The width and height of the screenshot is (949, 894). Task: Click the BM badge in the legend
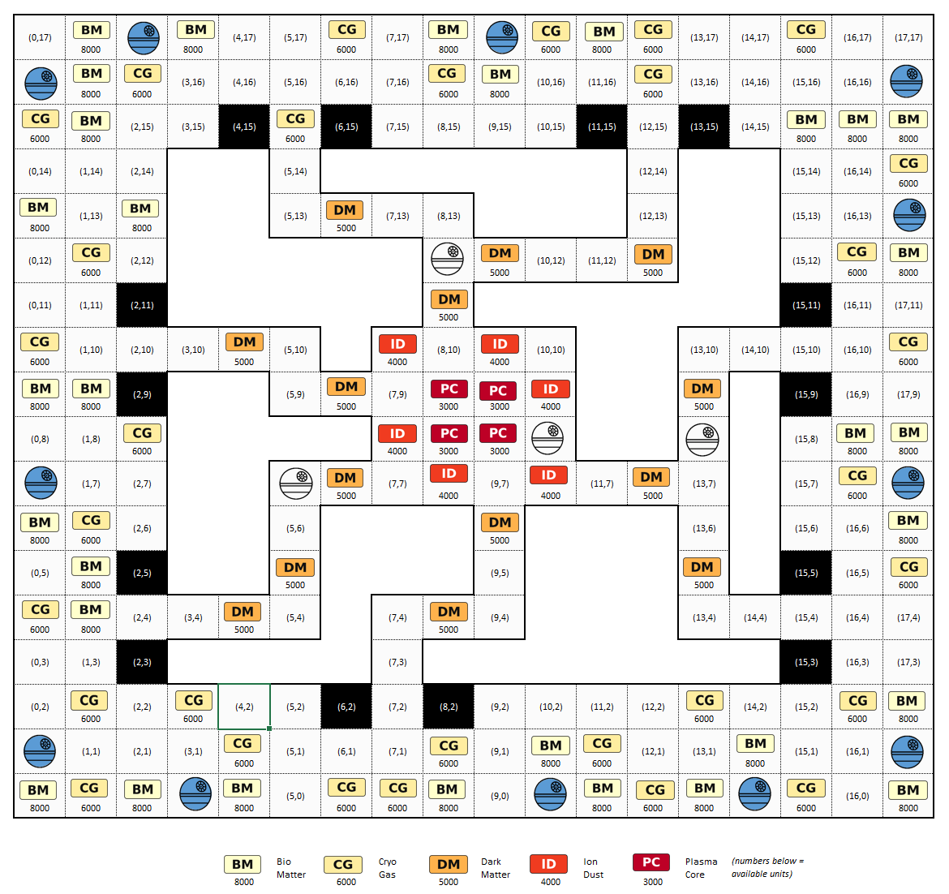pyautogui.click(x=243, y=864)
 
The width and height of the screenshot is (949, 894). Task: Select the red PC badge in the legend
pyautogui.click(x=651, y=862)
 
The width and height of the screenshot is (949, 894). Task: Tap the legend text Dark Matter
pyautogui.click(x=495, y=868)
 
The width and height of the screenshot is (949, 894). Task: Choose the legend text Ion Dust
pyautogui.click(x=593, y=868)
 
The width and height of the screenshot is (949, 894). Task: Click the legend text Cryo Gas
pyautogui.click(x=388, y=868)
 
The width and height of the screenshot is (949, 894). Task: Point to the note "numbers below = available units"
pyautogui.click(x=767, y=867)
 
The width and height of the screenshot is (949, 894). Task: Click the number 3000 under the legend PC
pyautogui.click(x=652, y=882)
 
